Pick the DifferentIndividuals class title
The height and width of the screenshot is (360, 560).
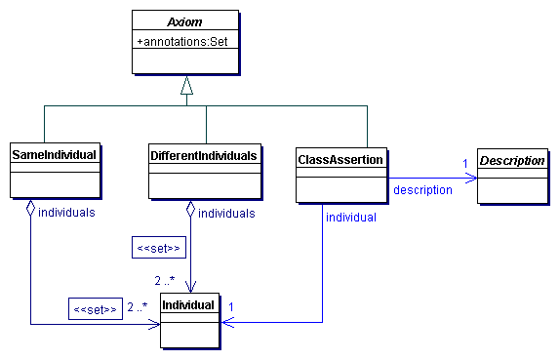pos(204,154)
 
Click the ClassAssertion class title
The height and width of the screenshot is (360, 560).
pos(340,156)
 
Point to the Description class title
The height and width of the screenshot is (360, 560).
pos(512,160)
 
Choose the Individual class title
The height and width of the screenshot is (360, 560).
pos(188,305)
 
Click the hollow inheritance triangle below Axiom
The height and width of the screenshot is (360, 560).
pos(187,86)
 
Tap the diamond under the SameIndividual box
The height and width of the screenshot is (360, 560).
pos(32,208)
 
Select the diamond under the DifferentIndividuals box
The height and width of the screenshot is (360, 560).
pos(191,208)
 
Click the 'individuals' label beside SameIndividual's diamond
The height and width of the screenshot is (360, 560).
pos(66,213)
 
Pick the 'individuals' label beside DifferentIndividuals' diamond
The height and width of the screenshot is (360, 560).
pos(226,213)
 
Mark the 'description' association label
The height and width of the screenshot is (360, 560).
pos(422,189)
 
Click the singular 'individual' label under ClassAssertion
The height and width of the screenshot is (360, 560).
pos(351,218)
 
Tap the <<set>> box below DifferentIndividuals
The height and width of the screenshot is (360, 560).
pos(157,249)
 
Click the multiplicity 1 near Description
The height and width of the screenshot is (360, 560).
pos(464,162)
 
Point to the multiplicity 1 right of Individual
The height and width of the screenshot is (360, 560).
pos(231,307)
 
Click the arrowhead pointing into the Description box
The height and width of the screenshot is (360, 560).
pos(471,178)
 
